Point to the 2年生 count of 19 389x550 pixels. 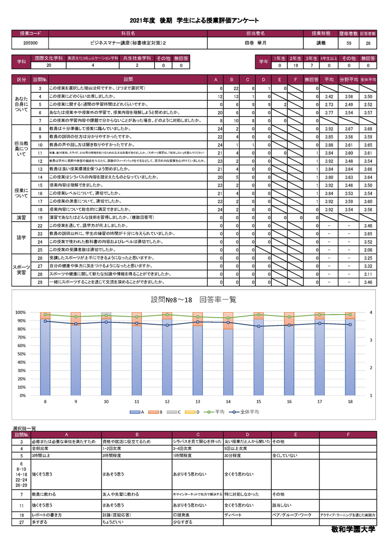coord(295,66)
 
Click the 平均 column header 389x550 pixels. coord(329,79)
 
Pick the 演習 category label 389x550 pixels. coord(21,217)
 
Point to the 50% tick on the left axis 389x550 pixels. coord(21,354)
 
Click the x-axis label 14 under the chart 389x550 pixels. coord(228,402)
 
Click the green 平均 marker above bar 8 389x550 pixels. coord(45,315)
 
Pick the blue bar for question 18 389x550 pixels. coord(349,357)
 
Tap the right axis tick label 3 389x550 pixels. coord(371,340)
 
